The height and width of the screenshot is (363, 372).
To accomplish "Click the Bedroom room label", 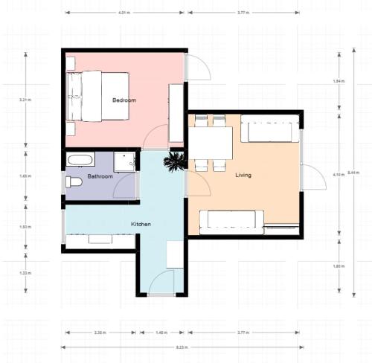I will tap(124, 100).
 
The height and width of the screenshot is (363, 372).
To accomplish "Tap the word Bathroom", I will tap(100, 176).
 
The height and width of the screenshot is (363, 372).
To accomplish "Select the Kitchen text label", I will tap(141, 224).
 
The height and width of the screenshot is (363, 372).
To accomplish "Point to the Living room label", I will tap(243, 176).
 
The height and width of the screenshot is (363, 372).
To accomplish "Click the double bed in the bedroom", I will tap(97, 96).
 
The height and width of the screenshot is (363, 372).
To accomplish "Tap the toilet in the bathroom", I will tap(73, 181).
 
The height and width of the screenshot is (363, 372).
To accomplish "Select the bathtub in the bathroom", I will tap(80, 159).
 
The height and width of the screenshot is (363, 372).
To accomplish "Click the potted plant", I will tap(176, 161).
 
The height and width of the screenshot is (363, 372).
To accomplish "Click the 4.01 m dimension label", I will tap(124, 13).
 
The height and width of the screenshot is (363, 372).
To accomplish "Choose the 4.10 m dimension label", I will tap(336, 174).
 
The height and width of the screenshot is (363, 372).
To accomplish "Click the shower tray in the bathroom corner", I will tap(126, 160).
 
